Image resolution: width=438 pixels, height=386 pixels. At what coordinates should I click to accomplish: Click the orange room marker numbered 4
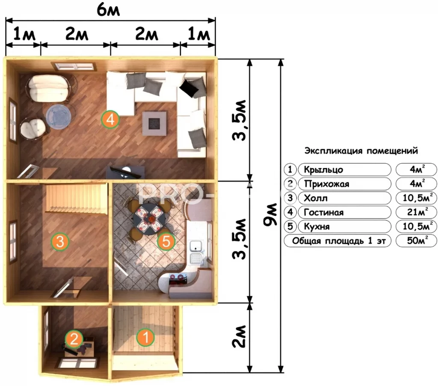click(x=110, y=119)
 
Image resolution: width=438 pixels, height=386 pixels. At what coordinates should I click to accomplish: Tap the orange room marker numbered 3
click(x=60, y=241)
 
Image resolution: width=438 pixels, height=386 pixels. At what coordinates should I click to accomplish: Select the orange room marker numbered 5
click(x=166, y=241)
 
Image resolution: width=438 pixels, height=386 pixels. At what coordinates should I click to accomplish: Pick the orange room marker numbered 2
click(x=74, y=339)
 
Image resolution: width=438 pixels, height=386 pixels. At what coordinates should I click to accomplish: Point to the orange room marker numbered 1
click(x=145, y=337)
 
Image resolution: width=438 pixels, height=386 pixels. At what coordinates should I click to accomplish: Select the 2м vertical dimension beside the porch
click(x=240, y=336)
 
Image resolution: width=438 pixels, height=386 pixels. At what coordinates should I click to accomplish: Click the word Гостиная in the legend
click(x=323, y=212)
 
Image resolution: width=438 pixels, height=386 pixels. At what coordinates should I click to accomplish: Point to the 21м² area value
click(x=416, y=212)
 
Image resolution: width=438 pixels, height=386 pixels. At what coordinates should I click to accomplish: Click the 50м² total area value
click(x=416, y=240)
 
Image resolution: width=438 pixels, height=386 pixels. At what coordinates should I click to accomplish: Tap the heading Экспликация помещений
click(x=361, y=151)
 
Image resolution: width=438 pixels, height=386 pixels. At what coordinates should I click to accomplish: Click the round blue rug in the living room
click(x=59, y=116)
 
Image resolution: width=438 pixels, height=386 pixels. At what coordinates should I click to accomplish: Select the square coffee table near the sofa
click(x=154, y=124)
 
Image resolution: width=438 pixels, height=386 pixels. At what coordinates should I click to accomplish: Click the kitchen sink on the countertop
click(x=196, y=247)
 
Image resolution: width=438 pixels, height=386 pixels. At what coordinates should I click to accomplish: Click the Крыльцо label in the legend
click(x=323, y=170)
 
